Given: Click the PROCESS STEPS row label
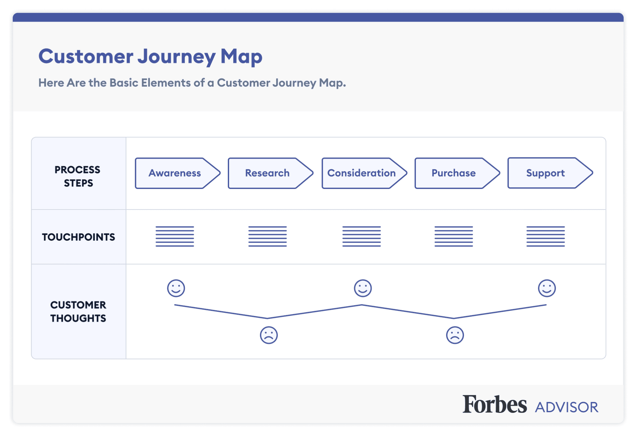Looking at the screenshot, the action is pos(77,176).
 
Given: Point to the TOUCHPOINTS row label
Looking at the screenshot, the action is pos(78,237).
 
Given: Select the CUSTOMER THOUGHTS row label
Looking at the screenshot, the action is pos(78,311).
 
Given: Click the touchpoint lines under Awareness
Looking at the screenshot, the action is pos(175,236).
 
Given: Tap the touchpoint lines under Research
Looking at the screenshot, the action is pos(268,236).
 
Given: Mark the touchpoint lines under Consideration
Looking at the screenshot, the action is pos(362,236).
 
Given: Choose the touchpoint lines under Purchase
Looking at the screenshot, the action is pos(454,236).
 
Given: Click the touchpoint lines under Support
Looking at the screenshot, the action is pos(546,236).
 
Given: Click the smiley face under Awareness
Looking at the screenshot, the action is pos(176,288).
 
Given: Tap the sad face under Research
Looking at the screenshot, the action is pos(269,335).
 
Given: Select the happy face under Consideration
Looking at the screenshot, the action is pos(363,288).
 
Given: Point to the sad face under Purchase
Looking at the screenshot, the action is pos(455,335).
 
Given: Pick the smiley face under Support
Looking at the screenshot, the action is pos(547,288).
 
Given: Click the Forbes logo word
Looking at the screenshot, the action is pos(495,404).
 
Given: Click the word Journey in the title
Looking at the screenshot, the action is pos(177,57).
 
